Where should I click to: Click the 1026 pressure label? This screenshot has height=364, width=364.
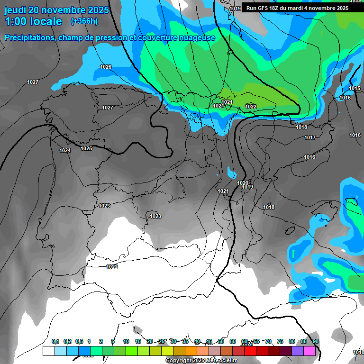(106, 67)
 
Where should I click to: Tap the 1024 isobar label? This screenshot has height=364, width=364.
(65, 150)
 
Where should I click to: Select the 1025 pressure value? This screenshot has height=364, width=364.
(86, 148)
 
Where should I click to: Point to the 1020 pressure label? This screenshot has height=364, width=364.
(243, 183)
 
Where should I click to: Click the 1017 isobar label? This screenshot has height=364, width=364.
(310, 137)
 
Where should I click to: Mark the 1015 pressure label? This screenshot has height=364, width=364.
(355, 88)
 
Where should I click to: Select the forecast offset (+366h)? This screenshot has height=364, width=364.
(84, 21)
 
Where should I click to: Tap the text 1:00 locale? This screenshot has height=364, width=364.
(33, 21)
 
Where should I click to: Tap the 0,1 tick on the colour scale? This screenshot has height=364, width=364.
(55, 341)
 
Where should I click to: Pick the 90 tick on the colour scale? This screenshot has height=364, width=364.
(316, 341)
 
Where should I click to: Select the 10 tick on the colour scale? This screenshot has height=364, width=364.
(126, 341)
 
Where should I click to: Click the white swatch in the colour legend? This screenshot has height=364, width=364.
(48, 351)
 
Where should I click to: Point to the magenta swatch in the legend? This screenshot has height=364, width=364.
(310, 351)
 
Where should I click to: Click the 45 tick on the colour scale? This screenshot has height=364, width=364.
(209, 341)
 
